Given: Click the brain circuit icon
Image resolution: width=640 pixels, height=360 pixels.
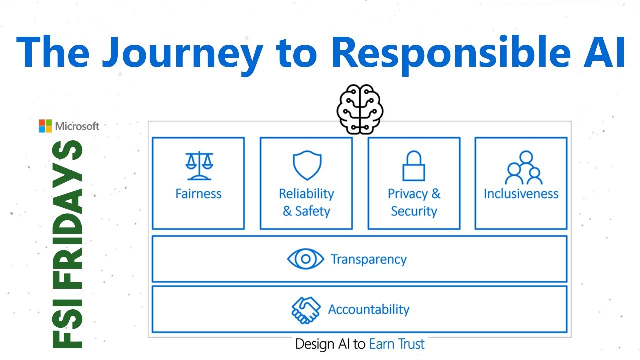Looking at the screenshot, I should tap(360, 109).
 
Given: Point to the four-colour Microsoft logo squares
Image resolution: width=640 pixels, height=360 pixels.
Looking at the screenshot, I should tap(45, 126).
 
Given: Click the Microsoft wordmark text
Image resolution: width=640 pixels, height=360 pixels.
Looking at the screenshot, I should tap(77, 126).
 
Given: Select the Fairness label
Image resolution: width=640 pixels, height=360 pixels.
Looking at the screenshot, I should tap(198, 194).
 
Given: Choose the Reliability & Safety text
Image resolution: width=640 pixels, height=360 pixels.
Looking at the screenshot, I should tap(306, 202).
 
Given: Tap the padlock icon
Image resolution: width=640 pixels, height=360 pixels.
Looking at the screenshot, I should tap(414, 166).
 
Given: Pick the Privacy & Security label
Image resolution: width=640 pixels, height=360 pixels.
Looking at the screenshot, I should tap(414, 202).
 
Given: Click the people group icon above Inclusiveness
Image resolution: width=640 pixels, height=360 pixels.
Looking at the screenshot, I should tap(523, 168).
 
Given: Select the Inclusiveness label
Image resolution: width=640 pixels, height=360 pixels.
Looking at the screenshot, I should tap(521, 194).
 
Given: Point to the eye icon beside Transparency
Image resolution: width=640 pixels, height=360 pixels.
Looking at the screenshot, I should tap(306, 259).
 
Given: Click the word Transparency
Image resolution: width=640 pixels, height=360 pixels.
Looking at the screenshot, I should tap(369, 260).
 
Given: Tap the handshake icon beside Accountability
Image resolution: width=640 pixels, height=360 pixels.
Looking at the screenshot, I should tap(306, 310).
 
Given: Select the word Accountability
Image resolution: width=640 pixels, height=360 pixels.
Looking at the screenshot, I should tap(369, 310).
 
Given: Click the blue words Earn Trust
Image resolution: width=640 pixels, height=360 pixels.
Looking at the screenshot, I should tap(397, 344).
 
